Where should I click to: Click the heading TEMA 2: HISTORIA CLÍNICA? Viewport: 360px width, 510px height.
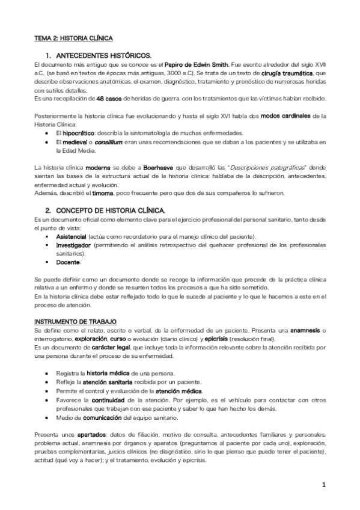(x=73, y=38)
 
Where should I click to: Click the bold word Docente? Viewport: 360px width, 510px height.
(x=68, y=262)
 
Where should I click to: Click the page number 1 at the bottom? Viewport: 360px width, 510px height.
(x=323, y=485)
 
